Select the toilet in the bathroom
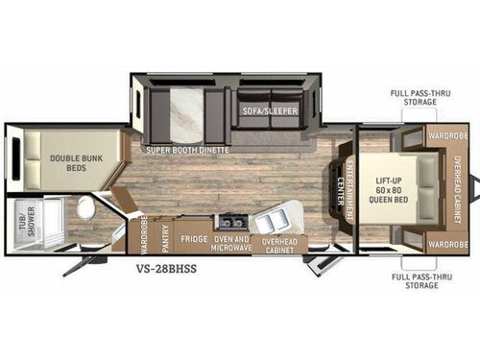tap(85, 208)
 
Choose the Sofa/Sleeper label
tap(270, 110)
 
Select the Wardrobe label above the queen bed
tap(448, 136)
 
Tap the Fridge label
tap(195, 238)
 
